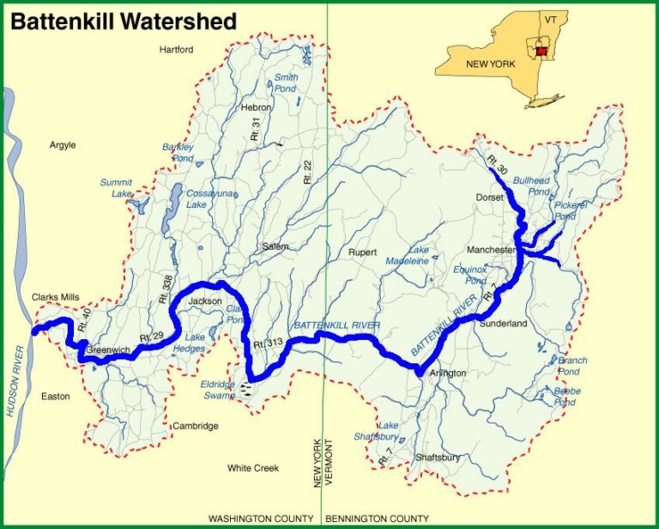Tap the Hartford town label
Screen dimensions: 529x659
tap(177, 50)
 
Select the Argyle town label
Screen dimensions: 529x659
tap(63, 145)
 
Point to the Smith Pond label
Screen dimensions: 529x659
tap(285, 82)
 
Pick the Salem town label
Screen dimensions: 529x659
tap(275, 246)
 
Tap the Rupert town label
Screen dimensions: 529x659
tap(363, 252)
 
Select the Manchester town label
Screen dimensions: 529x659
tap(492, 250)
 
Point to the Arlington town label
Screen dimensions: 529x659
tap(447, 373)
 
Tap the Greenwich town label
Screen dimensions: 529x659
tap(107, 350)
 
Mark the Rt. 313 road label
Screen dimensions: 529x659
tap(268, 344)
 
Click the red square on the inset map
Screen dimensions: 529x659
tap(541, 52)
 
